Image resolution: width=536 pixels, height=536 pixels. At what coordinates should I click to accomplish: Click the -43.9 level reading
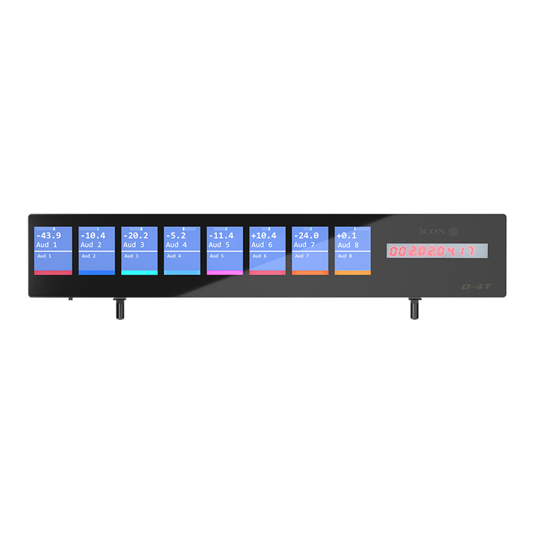tap(48, 236)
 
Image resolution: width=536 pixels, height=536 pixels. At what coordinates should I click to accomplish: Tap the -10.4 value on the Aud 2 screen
tap(93, 236)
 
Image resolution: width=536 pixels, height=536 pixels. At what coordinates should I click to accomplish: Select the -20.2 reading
tap(135, 236)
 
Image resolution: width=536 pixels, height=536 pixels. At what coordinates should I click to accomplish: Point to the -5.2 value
tap(176, 236)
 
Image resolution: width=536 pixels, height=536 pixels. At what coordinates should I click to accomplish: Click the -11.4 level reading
tap(221, 236)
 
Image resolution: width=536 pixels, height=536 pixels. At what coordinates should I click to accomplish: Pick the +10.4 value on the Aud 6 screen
tap(263, 236)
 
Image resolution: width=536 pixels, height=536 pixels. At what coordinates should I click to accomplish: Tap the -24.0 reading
tap(306, 236)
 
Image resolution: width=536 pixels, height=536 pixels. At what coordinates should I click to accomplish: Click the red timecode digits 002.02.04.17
tap(431, 251)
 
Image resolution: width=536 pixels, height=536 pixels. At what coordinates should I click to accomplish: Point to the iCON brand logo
tap(431, 232)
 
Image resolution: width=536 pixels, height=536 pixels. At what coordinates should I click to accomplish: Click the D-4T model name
tap(476, 287)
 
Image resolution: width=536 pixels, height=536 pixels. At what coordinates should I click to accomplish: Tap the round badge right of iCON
tap(453, 232)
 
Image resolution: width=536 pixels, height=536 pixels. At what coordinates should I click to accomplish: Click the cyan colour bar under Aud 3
tap(139, 272)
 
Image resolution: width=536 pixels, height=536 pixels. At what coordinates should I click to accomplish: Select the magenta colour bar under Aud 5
tap(225, 272)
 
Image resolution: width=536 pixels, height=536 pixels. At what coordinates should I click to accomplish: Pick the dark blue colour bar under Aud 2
tap(96, 272)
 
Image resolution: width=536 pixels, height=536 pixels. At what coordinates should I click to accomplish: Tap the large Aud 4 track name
tap(176, 245)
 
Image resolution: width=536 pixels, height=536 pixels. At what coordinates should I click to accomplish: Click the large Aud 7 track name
tap(304, 245)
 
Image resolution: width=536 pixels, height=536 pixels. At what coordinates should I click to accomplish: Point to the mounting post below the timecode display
tap(414, 309)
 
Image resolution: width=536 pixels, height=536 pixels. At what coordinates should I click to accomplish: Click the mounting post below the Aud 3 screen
tap(119, 309)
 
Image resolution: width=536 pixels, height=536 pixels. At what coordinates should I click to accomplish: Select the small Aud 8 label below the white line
tap(344, 256)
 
